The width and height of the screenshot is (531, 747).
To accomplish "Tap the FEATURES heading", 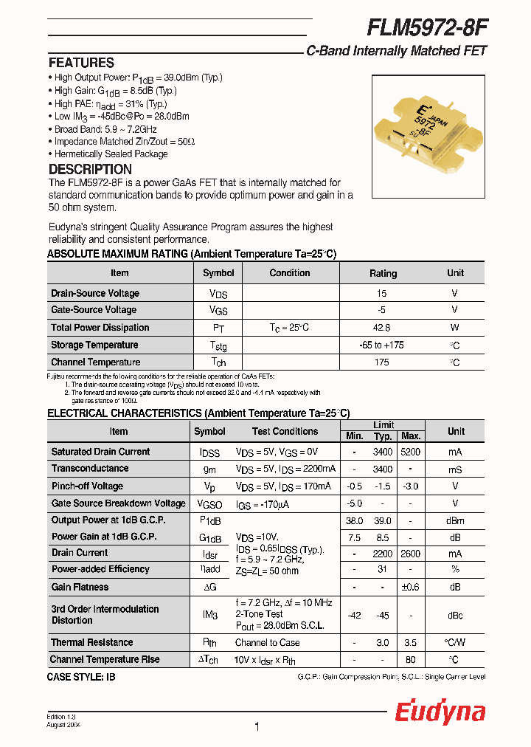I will [81, 63].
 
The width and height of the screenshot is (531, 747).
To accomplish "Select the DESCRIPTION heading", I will [90, 169].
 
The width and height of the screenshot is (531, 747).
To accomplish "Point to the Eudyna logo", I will [440, 712].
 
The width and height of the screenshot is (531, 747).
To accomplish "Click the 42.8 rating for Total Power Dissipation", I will [382, 328].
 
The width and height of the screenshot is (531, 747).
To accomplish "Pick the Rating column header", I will [383, 273].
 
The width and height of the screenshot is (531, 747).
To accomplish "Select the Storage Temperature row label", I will [94, 345].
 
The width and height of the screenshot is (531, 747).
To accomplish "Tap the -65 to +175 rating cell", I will [382, 345].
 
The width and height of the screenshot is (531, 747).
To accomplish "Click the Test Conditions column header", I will [285, 431].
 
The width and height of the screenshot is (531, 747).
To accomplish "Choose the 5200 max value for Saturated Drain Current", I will [411, 452].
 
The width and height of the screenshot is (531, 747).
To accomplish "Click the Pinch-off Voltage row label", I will [87, 486].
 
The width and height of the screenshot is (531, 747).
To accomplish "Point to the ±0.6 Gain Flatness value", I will [411, 587].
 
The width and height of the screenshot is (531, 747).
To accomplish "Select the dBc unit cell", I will [456, 615].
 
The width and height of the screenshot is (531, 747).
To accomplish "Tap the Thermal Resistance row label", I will [92, 642].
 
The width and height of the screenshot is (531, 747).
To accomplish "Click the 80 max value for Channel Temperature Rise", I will [411, 659].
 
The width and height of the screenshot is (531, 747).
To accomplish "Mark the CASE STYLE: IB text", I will [81, 676].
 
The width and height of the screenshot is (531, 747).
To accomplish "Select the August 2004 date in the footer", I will [64, 726].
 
